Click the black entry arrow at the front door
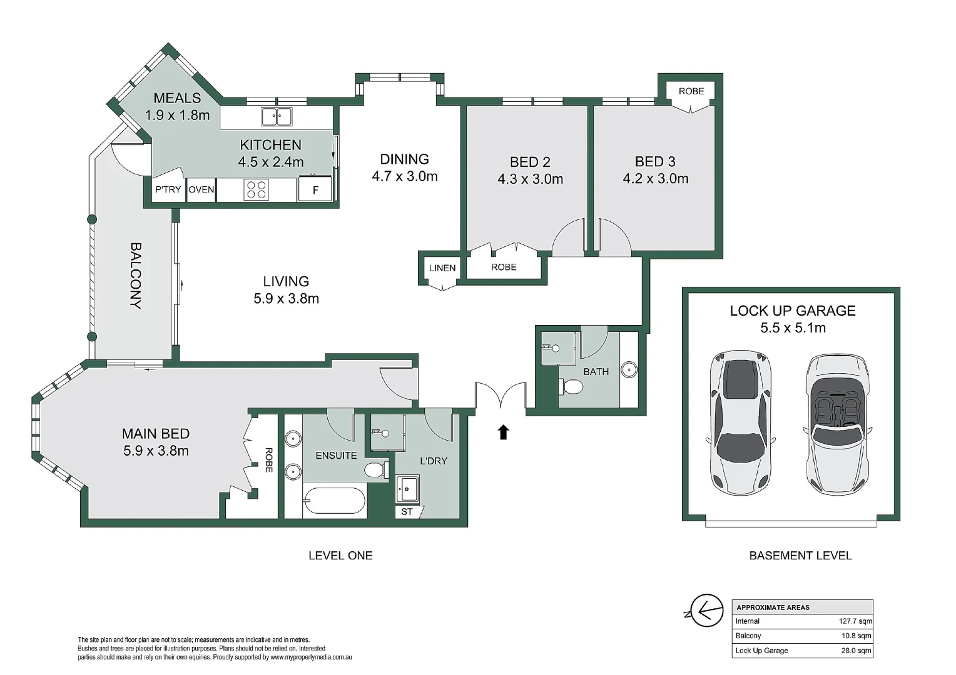[504, 432]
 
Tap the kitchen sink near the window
[277, 117]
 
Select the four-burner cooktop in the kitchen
[256, 190]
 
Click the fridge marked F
[315, 189]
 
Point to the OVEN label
[201, 189]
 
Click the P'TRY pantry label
[168, 189]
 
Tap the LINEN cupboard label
[442, 267]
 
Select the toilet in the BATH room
[571, 387]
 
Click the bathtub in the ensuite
[335, 501]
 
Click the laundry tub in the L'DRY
[408, 489]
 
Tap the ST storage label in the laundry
[407, 512]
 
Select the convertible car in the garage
[837, 424]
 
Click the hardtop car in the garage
[741, 423]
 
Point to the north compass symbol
[704, 611]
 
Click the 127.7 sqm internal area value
[855, 621]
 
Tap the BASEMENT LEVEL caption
[801, 556]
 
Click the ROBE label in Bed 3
[691, 91]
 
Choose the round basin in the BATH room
[629, 369]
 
